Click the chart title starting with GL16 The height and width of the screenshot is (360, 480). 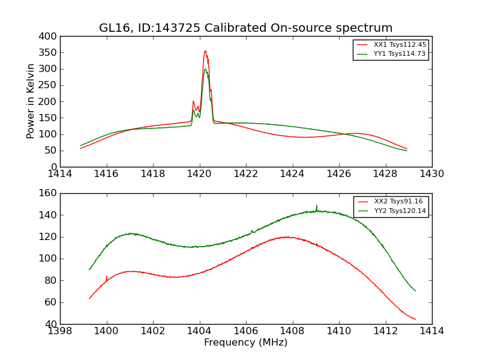coord(246,28)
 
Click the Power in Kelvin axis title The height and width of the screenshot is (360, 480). coord(31,101)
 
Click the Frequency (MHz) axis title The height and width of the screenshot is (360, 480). coord(246,343)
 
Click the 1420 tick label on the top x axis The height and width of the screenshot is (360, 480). coord(199,174)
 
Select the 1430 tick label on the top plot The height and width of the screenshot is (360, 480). coord(432,174)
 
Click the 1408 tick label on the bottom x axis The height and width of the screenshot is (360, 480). coord(292,331)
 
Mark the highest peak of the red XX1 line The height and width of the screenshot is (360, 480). coord(205,51)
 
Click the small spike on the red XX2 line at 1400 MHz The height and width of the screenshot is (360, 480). coord(107,277)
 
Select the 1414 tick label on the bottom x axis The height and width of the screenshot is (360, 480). coord(432,331)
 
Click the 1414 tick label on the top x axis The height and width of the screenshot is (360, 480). coord(60,174)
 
